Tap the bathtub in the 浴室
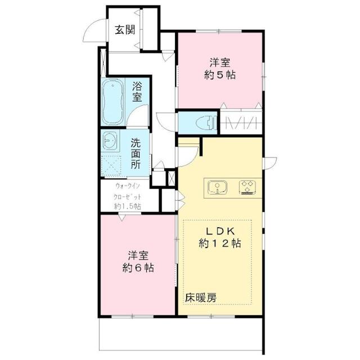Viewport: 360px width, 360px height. coord(112,102)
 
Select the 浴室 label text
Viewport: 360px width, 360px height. coord(137,92)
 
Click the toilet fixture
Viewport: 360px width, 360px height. coord(206,123)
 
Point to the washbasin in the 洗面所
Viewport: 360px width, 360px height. coord(110,141)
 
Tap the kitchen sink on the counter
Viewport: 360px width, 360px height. coord(217,187)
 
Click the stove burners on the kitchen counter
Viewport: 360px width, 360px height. coord(247,187)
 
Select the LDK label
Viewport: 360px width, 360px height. coord(220,231)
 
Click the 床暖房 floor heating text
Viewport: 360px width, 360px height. coord(201,298)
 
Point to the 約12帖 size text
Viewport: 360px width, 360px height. coord(220,244)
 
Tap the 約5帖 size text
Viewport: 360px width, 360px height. coord(220,75)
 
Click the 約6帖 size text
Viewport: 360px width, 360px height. coord(138,268)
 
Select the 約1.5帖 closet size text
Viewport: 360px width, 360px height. coord(128,206)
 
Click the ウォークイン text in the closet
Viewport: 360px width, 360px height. coord(128,186)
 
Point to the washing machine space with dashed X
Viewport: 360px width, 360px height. coord(111,166)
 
